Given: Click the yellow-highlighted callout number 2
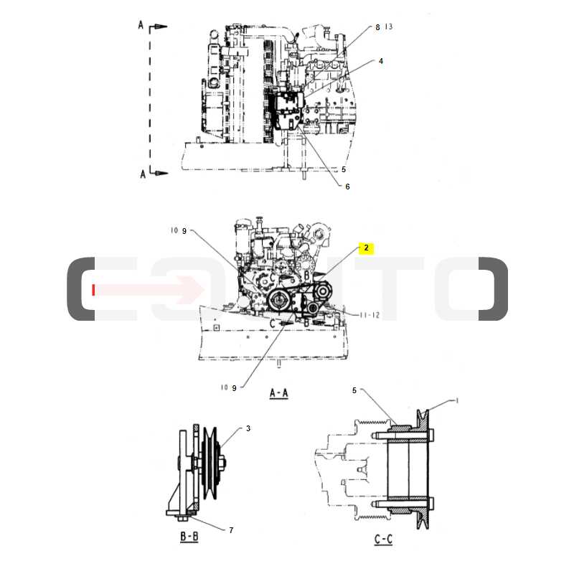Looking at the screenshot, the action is click(x=366, y=248).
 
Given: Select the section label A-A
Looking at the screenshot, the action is click(x=278, y=393).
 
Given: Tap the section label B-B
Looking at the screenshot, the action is click(x=189, y=537).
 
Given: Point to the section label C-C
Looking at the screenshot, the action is click(x=383, y=540).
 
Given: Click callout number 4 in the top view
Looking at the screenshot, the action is click(x=381, y=61).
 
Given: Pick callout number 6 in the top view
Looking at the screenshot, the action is click(x=347, y=187).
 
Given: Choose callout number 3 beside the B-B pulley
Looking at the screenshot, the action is click(x=248, y=428).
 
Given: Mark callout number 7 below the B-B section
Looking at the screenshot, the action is click(x=231, y=530).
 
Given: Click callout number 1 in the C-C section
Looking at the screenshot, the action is click(x=457, y=401).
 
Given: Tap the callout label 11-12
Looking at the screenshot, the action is click(x=370, y=315).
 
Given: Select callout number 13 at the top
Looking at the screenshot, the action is click(x=389, y=27).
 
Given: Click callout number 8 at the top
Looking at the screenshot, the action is click(x=378, y=27).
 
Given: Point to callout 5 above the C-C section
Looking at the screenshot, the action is click(x=354, y=390).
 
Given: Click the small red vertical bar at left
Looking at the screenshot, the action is click(x=94, y=290).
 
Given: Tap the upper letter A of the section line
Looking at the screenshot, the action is click(x=141, y=25).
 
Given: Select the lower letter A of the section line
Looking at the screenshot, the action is click(x=143, y=174).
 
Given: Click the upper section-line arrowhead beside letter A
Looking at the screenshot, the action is click(x=160, y=27).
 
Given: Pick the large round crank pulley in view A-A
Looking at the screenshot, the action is click(x=278, y=301).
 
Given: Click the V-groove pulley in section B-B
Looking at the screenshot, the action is click(x=210, y=462).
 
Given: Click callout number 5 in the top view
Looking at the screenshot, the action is click(x=344, y=169).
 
